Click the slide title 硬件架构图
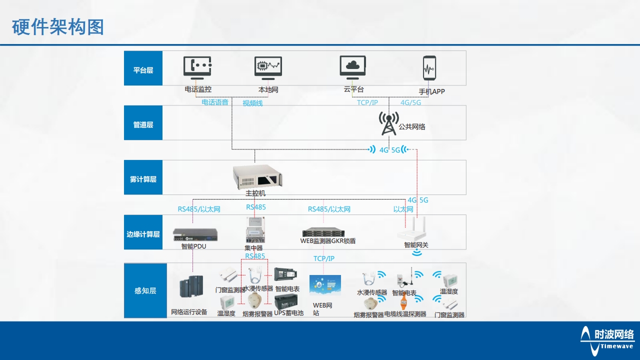click(x=58, y=27)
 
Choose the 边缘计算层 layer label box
click(x=143, y=234)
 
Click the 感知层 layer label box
click(x=145, y=290)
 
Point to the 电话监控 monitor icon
click(x=197, y=68)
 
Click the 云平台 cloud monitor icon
click(x=353, y=67)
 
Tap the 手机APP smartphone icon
click(x=429, y=68)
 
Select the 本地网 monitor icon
click(x=268, y=68)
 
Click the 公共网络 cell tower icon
click(x=388, y=123)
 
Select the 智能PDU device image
click(x=195, y=234)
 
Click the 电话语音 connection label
click(x=214, y=102)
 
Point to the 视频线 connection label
click(x=252, y=103)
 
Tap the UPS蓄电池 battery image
click(x=285, y=301)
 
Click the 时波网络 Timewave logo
click(x=607, y=337)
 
